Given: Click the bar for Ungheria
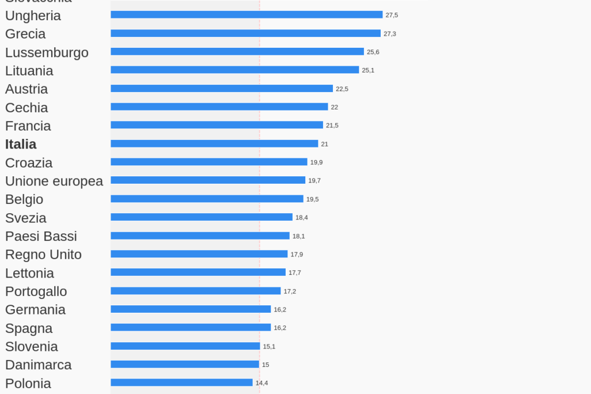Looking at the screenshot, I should pos(247,14).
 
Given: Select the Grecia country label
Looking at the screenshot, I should pos(25,34).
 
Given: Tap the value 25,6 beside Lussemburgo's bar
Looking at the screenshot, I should pos(373,52).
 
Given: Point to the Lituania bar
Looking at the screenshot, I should pos(234,70).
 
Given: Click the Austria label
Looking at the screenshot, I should pos(26,89).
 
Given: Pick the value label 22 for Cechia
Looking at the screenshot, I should pos(334,107).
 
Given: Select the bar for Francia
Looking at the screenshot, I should pos(217,125).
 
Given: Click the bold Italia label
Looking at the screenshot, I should pos(21,144).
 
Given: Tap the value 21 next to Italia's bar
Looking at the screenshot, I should pos(324,144).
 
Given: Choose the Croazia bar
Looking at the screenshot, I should pos(209,162).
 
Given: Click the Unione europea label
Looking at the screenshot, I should pos(54,181).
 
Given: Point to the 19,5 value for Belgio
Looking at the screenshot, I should pos(312,199).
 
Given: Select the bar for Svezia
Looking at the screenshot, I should pos(202,217).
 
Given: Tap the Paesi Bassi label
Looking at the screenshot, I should pos(41,236).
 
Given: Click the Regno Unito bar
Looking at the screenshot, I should pos(199,254).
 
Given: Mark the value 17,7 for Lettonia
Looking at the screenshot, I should pos(294,272).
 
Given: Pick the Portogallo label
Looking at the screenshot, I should pos(36,291).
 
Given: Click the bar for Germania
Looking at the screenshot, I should pos(191,309).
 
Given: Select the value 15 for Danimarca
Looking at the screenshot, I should pos(266,365).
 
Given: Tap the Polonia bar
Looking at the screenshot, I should pos(181,382).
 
